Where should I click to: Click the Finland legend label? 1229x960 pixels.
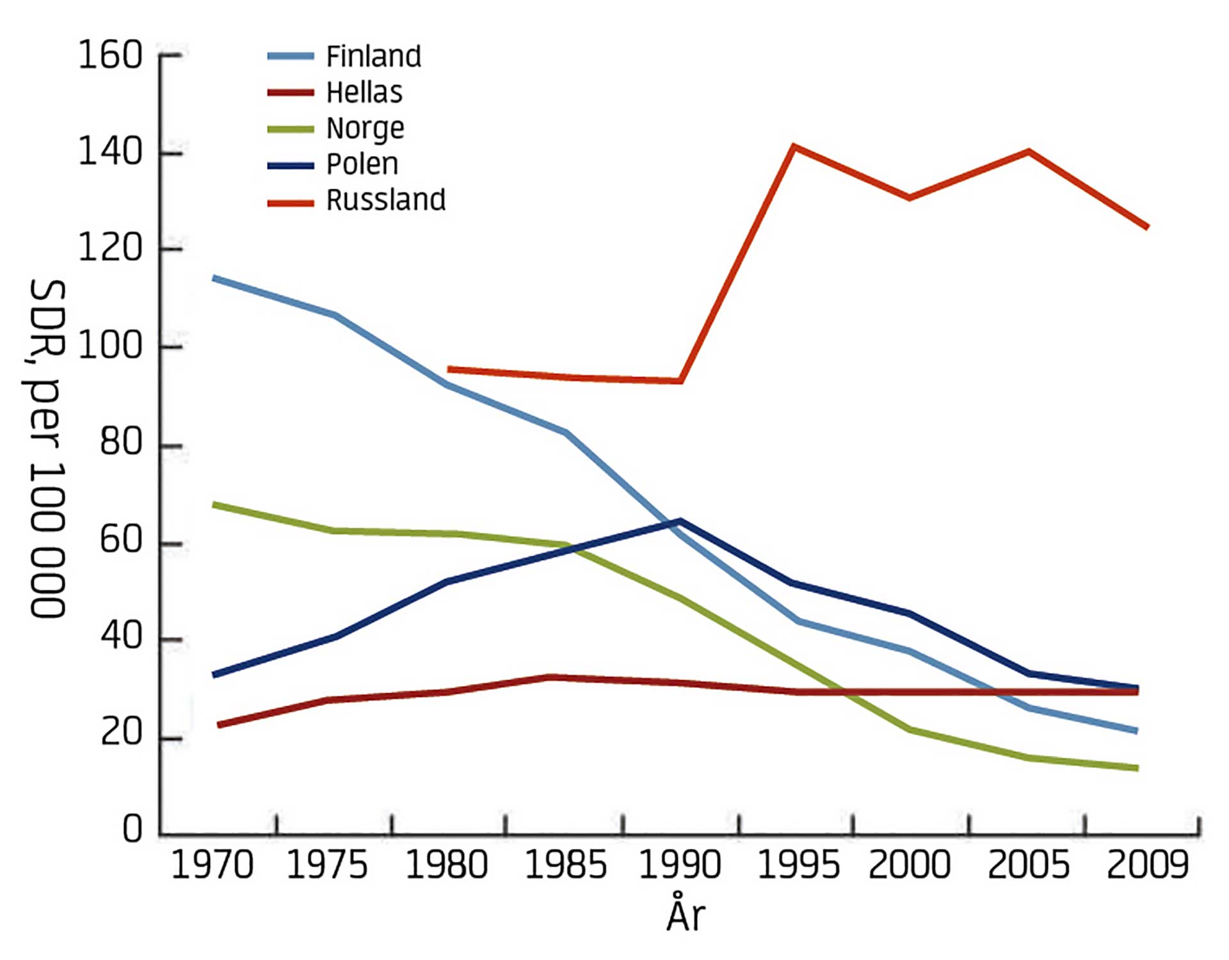coord(374,56)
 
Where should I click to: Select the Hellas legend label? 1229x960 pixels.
coord(364,93)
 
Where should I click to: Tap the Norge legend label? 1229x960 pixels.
coord(365,129)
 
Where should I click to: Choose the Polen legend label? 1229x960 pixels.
coord(362,164)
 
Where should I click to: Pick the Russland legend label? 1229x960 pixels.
coord(386,200)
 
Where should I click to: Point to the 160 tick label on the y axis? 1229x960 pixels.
coord(109,56)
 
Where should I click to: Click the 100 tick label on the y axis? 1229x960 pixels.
coord(109,346)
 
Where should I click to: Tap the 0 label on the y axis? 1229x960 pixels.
coord(132,829)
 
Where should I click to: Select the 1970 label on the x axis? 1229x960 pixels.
coord(212,865)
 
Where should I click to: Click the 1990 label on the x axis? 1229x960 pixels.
coord(680,865)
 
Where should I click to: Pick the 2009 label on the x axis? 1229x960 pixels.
coord(1147,865)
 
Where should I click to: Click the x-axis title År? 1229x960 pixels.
coord(686,915)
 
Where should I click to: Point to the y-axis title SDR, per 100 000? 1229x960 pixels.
coord(47,448)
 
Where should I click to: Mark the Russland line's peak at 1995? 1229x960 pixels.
coord(794,147)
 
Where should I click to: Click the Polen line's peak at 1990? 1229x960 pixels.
coord(680,521)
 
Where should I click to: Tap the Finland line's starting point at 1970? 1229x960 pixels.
coord(214,278)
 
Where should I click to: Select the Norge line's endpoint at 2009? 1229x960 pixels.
coord(1137,768)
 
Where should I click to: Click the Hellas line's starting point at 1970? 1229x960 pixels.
coord(219,725)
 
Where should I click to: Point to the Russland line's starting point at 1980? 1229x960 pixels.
coord(449,369)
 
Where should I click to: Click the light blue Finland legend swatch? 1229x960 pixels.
coord(291,56)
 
